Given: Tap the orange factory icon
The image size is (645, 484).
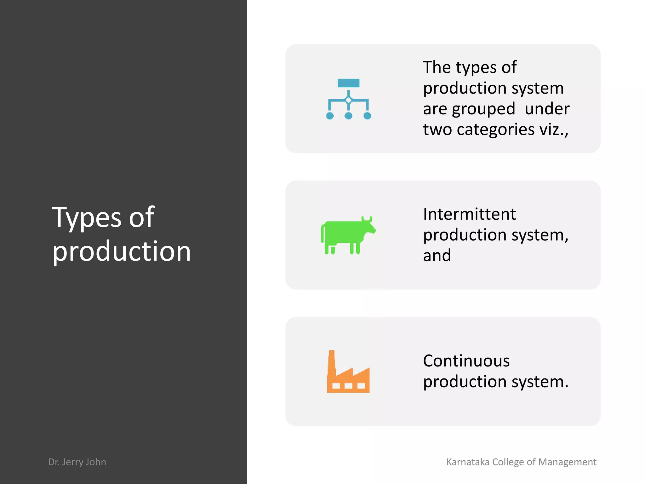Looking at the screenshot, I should click(x=348, y=375).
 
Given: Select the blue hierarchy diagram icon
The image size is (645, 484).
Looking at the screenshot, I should click(x=348, y=99).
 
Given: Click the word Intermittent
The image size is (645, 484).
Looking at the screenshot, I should click(x=469, y=214).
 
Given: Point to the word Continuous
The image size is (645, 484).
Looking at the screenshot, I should click(x=466, y=361).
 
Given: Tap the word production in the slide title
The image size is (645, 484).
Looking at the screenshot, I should click(x=122, y=251).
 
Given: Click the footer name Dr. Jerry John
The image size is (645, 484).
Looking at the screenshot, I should click(x=77, y=462).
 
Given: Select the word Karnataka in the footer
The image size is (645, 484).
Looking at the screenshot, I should click(x=468, y=462).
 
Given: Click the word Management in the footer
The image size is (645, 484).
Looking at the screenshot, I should click(x=567, y=462).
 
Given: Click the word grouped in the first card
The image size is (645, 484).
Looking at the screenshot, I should click(x=483, y=109).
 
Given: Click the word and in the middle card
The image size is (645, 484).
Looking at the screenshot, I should click(x=437, y=255).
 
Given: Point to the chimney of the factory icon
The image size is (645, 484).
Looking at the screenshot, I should click(x=332, y=361).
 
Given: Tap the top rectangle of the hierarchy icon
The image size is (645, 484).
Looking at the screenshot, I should click(x=348, y=83).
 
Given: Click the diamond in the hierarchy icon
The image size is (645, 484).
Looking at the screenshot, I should click(x=348, y=100).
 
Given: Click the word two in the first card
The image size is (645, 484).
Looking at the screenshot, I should click(x=437, y=130).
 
